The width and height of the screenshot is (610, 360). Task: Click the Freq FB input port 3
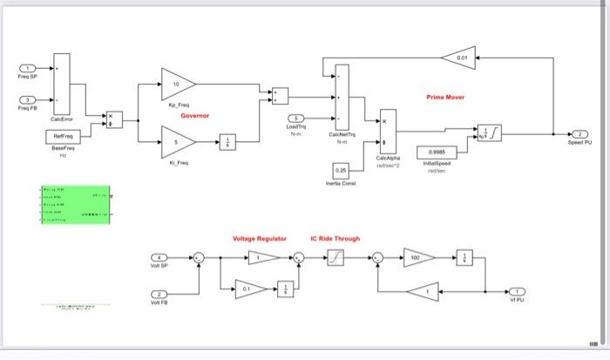click(x=29, y=99)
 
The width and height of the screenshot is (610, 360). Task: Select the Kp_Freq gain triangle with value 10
click(x=177, y=85)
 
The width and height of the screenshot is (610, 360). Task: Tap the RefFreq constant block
click(x=62, y=137)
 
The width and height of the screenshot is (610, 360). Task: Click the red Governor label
click(x=193, y=116)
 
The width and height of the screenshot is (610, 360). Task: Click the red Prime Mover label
click(x=445, y=98)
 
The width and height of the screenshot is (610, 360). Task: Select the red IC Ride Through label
click(x=335, y=238)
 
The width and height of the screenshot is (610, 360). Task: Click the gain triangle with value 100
click(x=418, y=257)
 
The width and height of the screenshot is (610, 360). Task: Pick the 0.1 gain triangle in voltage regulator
click(x=249, y=289)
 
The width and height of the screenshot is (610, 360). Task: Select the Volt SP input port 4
click(x=158, y=257)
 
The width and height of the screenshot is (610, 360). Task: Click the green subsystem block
click(x=75, y=205)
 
